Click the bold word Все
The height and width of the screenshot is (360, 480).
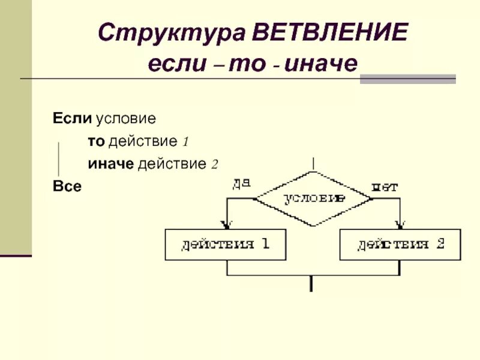67,186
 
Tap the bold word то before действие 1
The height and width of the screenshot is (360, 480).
96,141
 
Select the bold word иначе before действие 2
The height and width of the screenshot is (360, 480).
110,164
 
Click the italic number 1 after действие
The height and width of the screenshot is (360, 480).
186,142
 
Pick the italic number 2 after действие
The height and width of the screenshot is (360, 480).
214,164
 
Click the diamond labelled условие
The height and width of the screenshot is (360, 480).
313,199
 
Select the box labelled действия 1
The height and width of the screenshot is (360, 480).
226,245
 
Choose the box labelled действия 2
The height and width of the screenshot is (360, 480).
400,245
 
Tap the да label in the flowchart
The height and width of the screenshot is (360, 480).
241,185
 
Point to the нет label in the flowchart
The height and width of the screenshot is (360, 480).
385,187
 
